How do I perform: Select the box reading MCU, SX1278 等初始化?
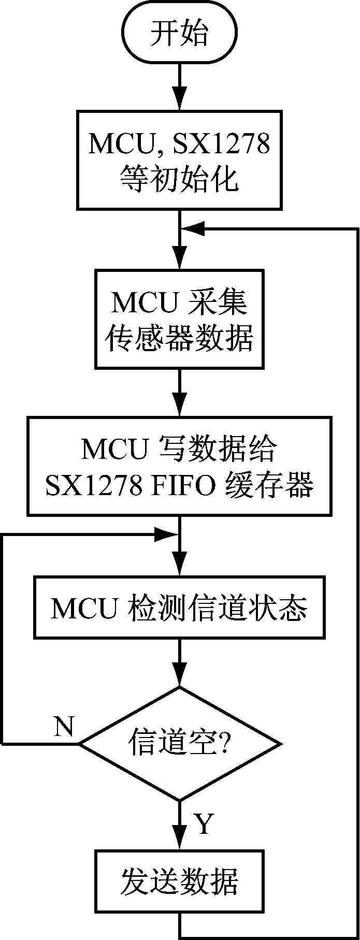pyautogui.click(x=179, y=160)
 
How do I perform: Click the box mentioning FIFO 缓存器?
pyautogui.click(x=179, y=467)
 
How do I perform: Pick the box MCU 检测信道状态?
pyautogui.click(x=179, y=608)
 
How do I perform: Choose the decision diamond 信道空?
pyautogui.click(x=179, y=744)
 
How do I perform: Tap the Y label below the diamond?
pyautogui.click(x=203, y=823)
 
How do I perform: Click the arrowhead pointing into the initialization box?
pyautogui.click(x=179, y=102)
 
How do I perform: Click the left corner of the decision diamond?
pyautogui.click(x=79, y=744)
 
